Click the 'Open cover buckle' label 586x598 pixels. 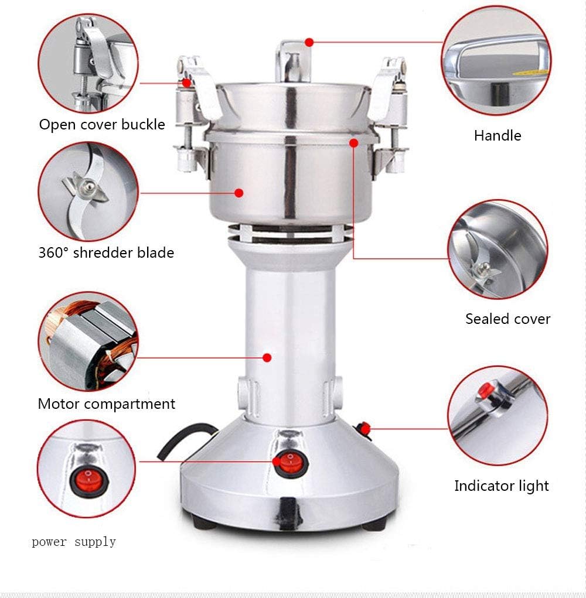(102, 124)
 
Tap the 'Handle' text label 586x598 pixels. (498, 135)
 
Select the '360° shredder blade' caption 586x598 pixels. (106, 252)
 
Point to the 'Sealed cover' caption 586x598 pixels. (508, 319)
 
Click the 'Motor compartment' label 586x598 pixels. (107, 404)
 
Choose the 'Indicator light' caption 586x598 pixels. (501, 486)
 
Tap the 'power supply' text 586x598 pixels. (74, 542)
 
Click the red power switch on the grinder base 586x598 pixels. (291, 464)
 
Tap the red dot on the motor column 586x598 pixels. (267, 357)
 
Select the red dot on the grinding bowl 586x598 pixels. (239, 193)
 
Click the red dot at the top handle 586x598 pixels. (309, 42)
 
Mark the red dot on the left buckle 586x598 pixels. (186, 83)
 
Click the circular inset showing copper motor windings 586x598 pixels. (88, 341)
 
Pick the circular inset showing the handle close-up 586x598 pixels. (496, 61)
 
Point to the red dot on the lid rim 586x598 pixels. (354, 143)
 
